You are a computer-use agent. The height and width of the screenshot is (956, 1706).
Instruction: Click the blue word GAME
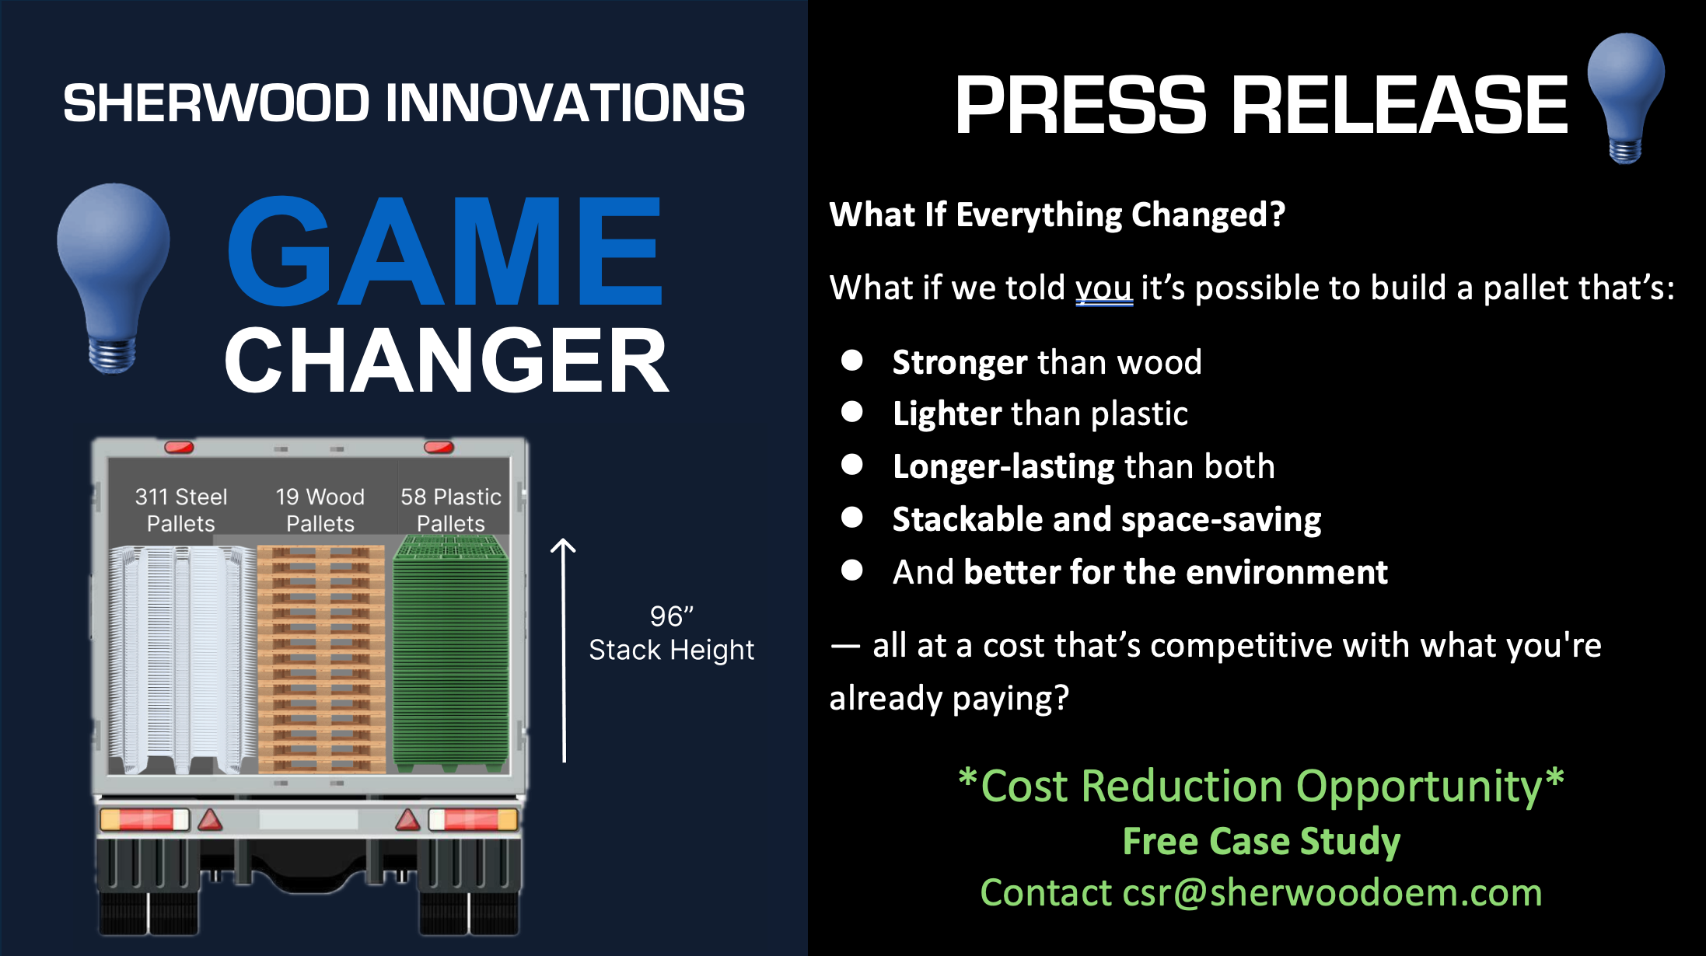point(445,251)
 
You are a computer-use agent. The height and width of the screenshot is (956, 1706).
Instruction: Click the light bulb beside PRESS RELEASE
point(1626,98)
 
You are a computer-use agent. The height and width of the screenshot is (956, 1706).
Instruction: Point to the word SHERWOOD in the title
point(216,103)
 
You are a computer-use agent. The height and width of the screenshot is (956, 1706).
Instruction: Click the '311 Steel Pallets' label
point(181,510)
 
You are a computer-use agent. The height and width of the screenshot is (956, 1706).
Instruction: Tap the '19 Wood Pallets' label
point(320,510)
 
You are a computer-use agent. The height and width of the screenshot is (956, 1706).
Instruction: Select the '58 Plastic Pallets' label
point(451,510)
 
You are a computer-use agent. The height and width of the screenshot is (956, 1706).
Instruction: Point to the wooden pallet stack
point(321,659)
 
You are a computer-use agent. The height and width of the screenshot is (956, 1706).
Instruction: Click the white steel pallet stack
point(183,660)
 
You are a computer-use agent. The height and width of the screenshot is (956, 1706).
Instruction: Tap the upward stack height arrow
point(564,651)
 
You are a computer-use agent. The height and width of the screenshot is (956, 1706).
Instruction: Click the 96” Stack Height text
point(672,633)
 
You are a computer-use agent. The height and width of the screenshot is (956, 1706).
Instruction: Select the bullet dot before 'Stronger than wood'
point(852,360)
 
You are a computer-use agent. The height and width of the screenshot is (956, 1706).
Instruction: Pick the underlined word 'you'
point(1104,289)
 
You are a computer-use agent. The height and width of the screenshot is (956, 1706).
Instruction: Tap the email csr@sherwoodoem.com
point(1333,892)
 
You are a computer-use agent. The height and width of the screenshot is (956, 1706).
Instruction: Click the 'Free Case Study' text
point(1261,841)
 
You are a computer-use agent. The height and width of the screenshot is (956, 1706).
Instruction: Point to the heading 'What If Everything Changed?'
point(1058,215)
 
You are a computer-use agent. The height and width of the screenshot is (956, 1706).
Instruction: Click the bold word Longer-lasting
point(1004,466)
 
